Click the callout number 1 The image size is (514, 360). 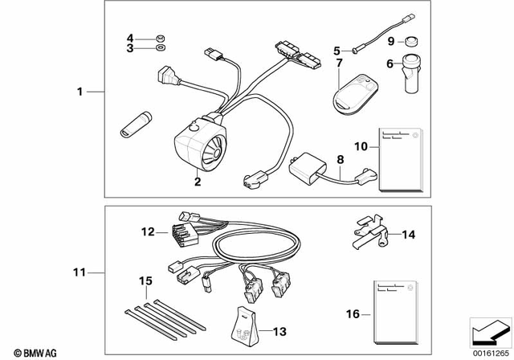pos(80,93)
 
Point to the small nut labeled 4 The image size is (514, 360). pos(160,38)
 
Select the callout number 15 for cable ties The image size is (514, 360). pos(145,280)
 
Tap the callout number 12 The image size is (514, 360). pos(147,231)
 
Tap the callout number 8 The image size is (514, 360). pos(341,160)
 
